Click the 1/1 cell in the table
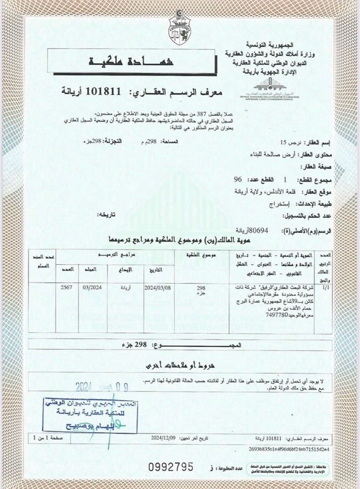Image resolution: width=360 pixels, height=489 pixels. (326, 288)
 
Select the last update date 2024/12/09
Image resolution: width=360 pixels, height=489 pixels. (163, 437)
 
